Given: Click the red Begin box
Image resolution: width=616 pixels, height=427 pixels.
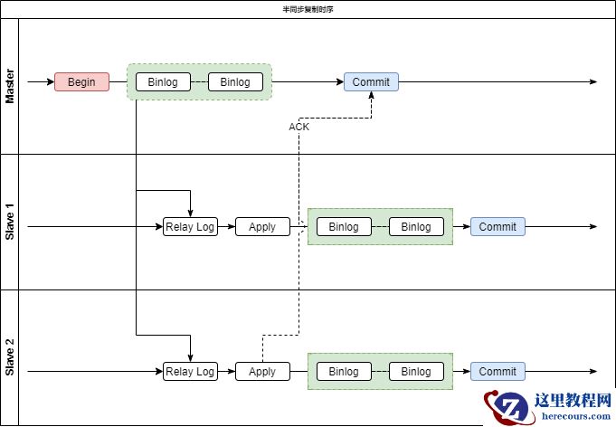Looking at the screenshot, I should click(x=81, y=82).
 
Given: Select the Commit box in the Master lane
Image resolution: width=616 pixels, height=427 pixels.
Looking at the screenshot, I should click(x=371, y=82).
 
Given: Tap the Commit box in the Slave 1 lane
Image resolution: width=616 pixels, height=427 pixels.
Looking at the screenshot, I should click(x=498, y=227).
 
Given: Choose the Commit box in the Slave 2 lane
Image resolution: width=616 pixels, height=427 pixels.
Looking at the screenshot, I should click(x=498, y=372).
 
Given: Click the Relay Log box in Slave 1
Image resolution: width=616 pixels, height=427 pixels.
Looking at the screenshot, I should click(x=190, y=227).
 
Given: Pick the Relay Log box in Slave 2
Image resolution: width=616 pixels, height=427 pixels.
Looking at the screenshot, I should click(x=190, y=372).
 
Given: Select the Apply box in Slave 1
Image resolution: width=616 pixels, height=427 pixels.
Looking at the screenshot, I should click(x=262, y=227).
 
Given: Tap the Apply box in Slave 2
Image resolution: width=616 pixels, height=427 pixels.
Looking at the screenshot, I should click(x=262, y=372).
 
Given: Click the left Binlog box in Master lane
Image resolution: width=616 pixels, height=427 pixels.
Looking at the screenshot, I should click(x=163, y=82).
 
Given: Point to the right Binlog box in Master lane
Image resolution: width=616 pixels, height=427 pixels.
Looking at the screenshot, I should click(x=235, y=82).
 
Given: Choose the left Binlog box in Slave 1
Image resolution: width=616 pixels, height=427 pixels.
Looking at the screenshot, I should click(x=344, y=227).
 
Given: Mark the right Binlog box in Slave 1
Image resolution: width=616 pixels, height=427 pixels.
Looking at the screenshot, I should click(x=416, y=227).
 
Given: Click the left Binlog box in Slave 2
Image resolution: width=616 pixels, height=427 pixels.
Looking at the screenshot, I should click(x=344, y=372).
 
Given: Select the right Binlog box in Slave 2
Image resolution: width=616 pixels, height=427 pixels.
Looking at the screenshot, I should click(x=416, y=372).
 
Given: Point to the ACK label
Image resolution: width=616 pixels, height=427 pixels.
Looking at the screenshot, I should click(x=299, y=128).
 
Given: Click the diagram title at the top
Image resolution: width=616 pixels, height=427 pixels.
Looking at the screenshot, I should click(x=308, y=9).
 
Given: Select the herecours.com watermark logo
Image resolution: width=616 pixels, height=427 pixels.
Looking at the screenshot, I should click(x=548, y=406).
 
